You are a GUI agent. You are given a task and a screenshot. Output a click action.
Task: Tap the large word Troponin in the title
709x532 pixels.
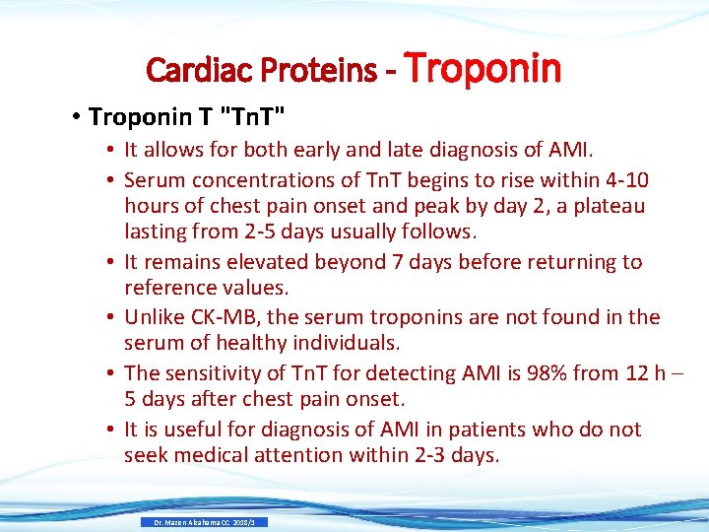point(483,68)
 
